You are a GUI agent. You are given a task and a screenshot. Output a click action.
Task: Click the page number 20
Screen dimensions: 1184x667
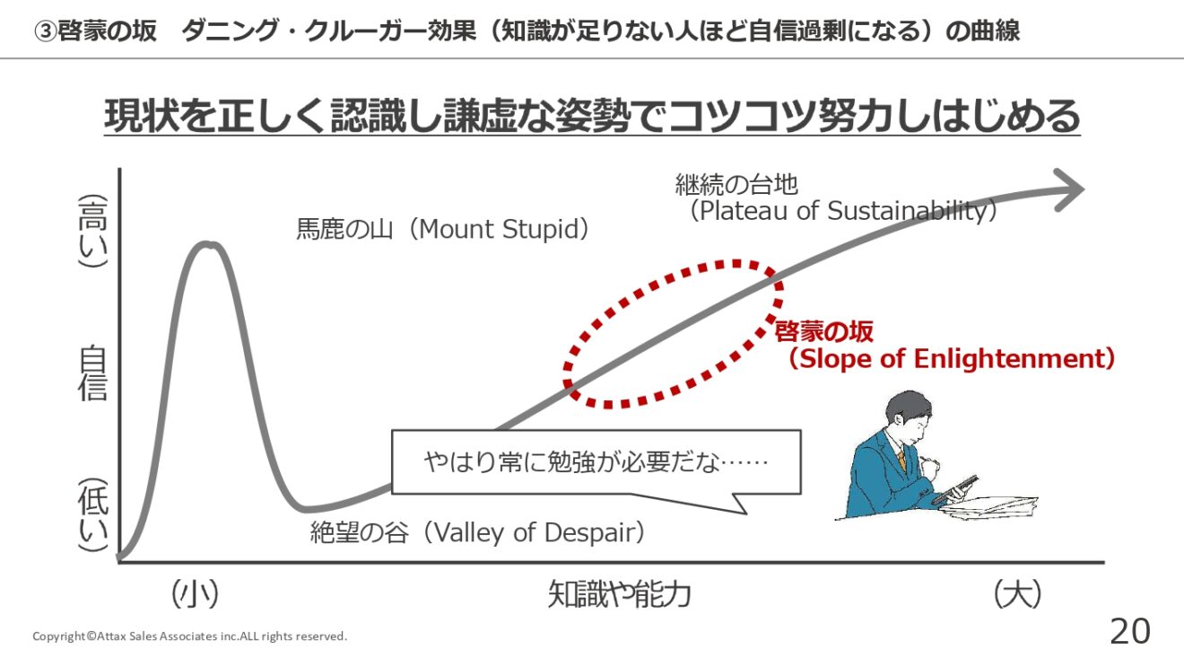[x=1129, y=631]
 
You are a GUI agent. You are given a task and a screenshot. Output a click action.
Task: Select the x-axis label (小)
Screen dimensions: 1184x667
[x=195, y=594]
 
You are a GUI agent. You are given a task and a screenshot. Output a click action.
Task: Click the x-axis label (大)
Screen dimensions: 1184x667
[x=1017, y=594]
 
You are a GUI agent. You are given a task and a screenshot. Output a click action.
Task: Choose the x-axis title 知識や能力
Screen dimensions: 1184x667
[x=619, y=594]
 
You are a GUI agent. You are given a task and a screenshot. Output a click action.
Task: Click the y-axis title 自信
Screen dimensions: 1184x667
[x=93, y=373]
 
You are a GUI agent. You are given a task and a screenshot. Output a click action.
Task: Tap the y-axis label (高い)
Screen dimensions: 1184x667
[x=93, y=231]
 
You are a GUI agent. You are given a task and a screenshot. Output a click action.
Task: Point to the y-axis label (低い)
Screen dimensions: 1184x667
[x=93, y=515]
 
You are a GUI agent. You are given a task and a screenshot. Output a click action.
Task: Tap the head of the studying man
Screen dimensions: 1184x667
[x=908, y=417]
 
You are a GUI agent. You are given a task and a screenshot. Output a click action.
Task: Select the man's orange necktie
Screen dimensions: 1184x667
[x=901, y=461]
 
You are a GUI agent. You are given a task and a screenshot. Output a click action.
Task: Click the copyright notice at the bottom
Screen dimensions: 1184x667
[x=190, y=636]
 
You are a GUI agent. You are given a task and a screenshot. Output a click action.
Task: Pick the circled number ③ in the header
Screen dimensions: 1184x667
[x=45, y=31]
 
